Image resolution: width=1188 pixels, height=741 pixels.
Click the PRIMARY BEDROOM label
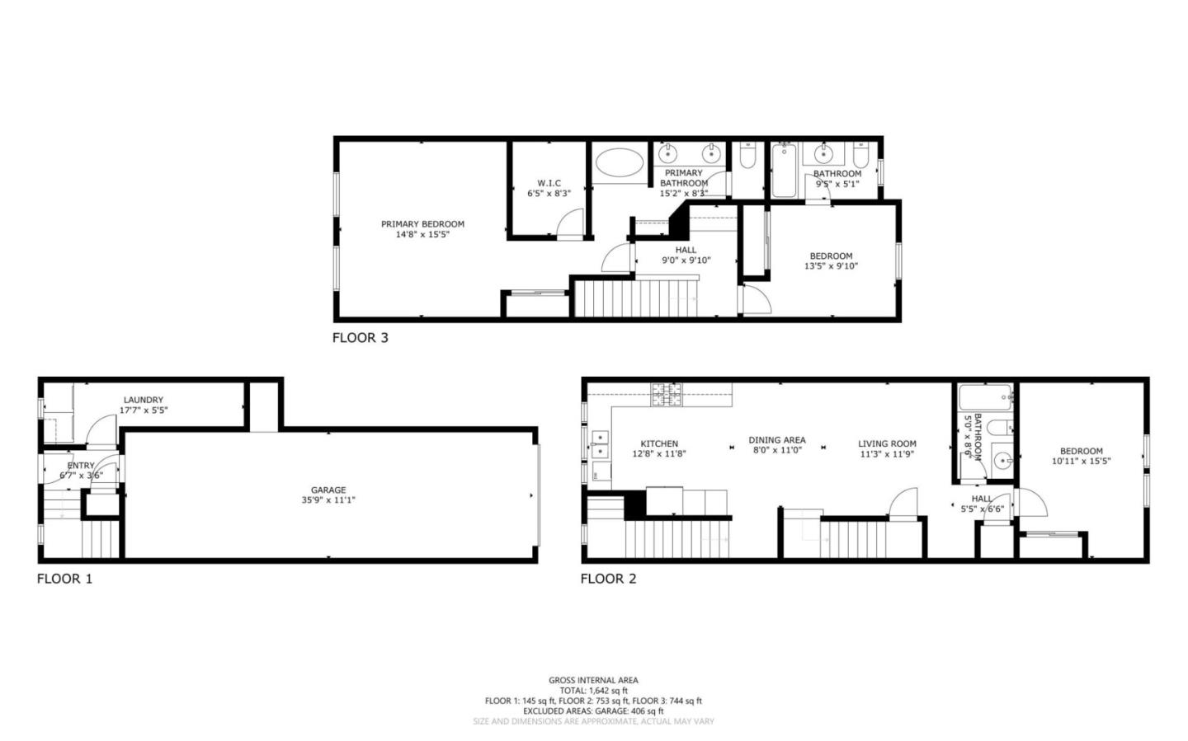tap(422, 223)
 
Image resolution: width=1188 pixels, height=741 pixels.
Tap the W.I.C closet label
tap(549, 183)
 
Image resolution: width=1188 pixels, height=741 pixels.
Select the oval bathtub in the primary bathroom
tap(619, 162)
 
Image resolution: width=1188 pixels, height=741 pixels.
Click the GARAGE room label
tap(328, 490)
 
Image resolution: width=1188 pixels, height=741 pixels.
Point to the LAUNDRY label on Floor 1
tap(144, 400)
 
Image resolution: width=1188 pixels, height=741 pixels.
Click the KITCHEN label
tap(659, 443)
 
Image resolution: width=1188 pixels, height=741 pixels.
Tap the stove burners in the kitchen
tap(668, 395)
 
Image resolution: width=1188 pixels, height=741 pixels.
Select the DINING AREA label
tap(777, 440)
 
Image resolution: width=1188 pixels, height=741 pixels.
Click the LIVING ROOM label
tap(887, 443)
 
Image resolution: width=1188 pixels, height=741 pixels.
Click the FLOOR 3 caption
tap(360, 337)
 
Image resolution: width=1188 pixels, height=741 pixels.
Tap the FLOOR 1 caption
tap(64, 579)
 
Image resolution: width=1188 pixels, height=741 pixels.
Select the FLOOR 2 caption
tap(608, 579)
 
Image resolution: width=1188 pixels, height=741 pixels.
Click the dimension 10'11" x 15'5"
tap(1081, 461)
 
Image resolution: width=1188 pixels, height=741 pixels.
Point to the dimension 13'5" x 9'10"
tap(831, 266)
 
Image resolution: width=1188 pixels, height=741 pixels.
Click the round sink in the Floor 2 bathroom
tap(1002, 460)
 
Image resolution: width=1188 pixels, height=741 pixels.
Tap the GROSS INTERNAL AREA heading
tap(593, 680)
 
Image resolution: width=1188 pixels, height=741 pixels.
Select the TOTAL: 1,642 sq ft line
tap(593, 691)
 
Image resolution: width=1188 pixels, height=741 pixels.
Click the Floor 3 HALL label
tap(686, 250)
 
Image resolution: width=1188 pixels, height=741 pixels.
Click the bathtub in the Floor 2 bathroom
tap(987, 397)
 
